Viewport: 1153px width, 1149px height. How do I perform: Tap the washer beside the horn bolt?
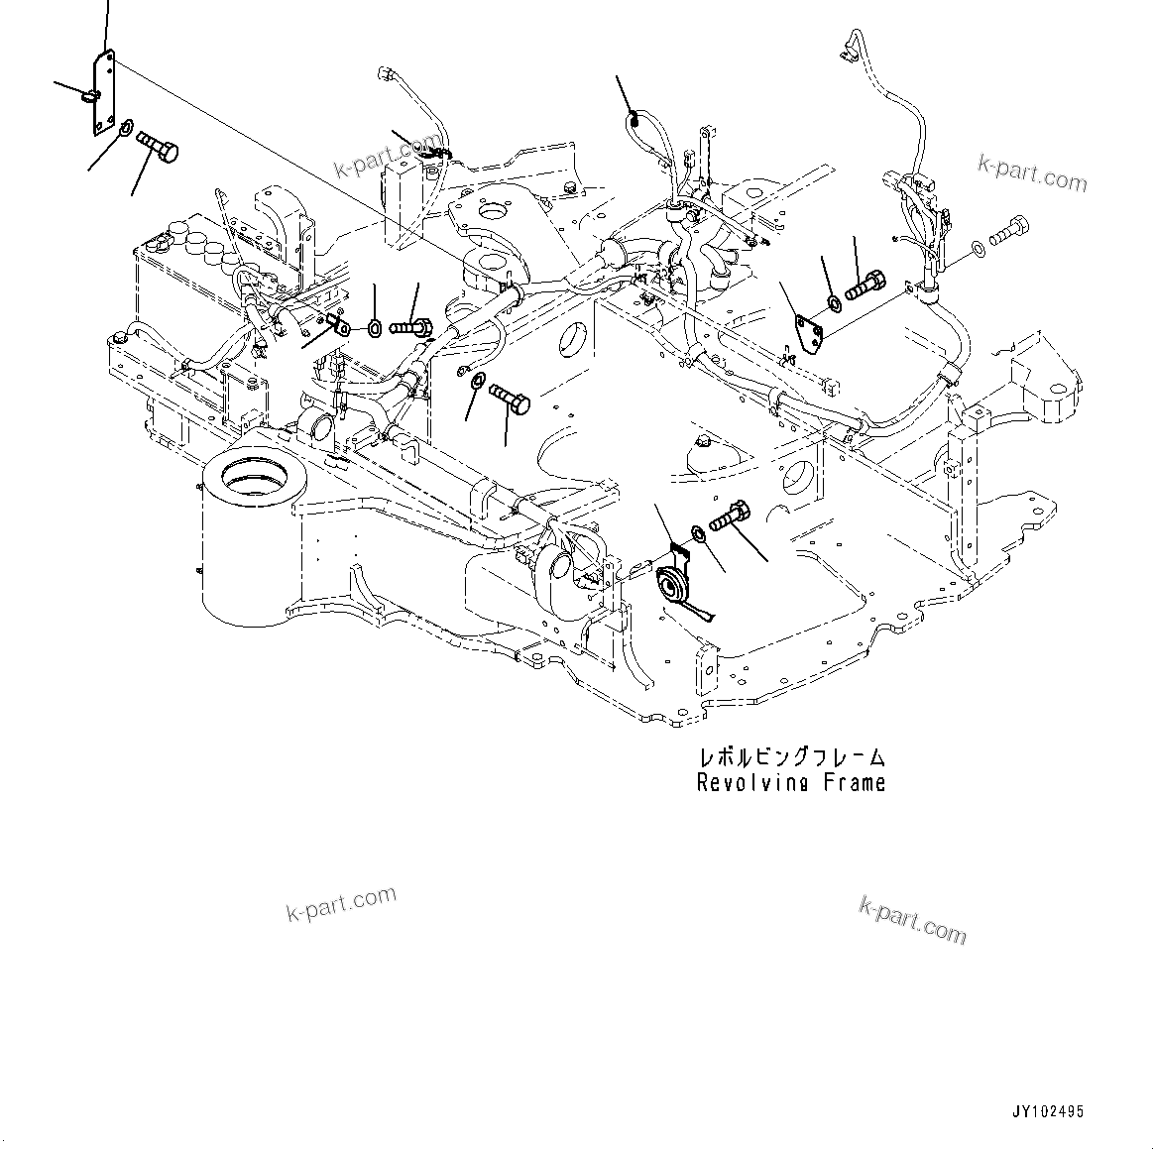699,534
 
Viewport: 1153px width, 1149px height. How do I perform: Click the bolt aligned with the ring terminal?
409,324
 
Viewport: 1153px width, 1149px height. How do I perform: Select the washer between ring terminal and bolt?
375,326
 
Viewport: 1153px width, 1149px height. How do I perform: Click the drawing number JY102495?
1047,1111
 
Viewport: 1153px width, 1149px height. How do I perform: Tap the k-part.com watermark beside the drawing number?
911,919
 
